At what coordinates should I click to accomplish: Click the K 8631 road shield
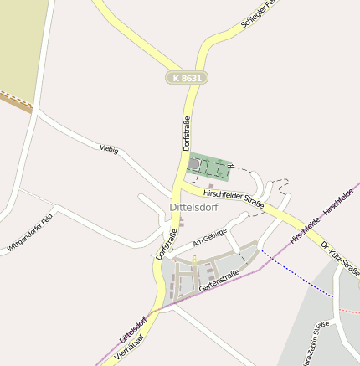pos(186,78)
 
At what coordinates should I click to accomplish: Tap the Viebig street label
pos(109,150)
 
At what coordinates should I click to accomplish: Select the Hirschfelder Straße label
pos(234,198)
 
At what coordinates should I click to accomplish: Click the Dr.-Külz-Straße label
pos(340,258)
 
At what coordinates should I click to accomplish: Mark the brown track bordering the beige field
pos(15,102)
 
